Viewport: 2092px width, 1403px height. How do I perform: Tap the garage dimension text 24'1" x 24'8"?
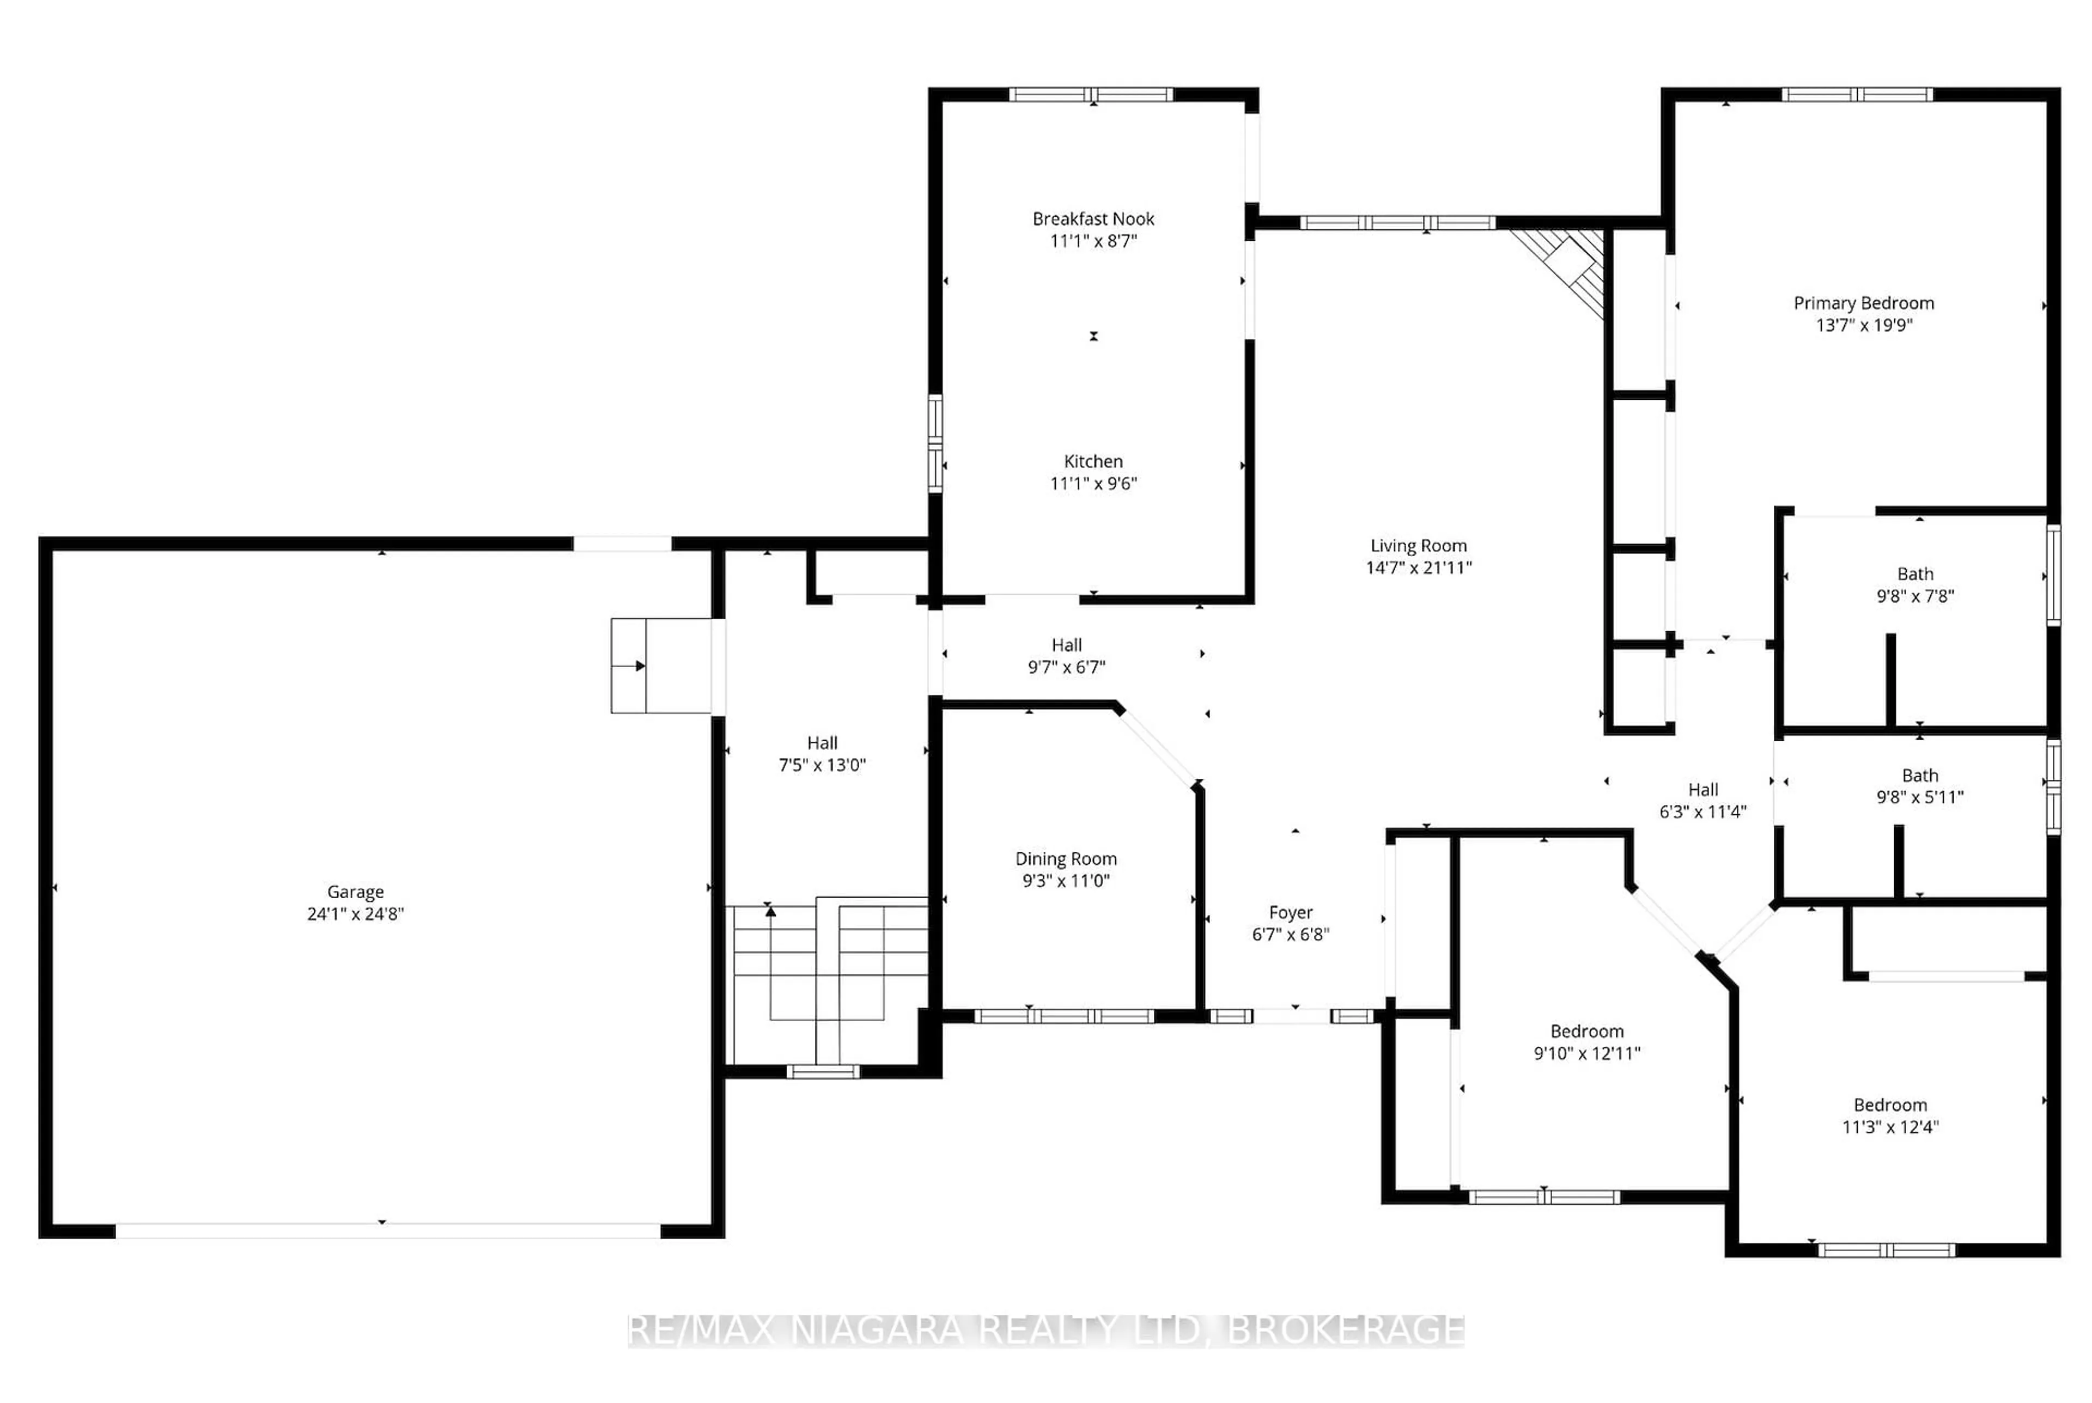tap(355, 913)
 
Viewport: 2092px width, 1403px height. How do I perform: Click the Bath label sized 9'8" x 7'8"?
tap(1915, 574)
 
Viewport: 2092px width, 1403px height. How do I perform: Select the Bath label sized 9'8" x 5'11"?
tap(1919, 775)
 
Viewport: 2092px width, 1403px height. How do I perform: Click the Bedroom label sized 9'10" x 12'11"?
tap(1586, 1031)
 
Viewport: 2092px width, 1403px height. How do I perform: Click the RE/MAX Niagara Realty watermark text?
tap(1045, 1331)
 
